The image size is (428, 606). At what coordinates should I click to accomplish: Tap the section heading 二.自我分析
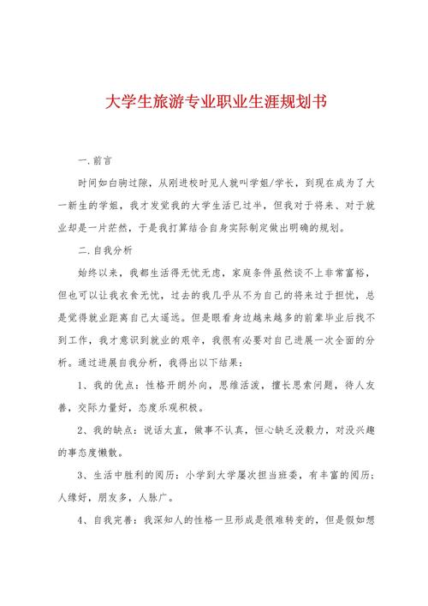pos(104,251)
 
